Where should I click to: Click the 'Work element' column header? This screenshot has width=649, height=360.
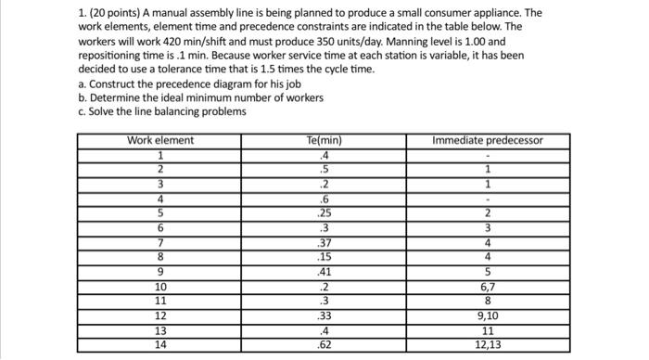point(160,141)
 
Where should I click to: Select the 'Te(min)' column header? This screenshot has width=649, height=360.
point(324,141)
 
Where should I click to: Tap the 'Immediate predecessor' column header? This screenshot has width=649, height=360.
point(488,141)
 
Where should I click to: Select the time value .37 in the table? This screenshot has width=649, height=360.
point(324,242)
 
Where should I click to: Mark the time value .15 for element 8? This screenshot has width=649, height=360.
point(324,257)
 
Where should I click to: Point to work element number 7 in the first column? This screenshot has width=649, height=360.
point(160,242)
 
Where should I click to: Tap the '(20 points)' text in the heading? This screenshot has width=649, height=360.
point(57,14)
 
